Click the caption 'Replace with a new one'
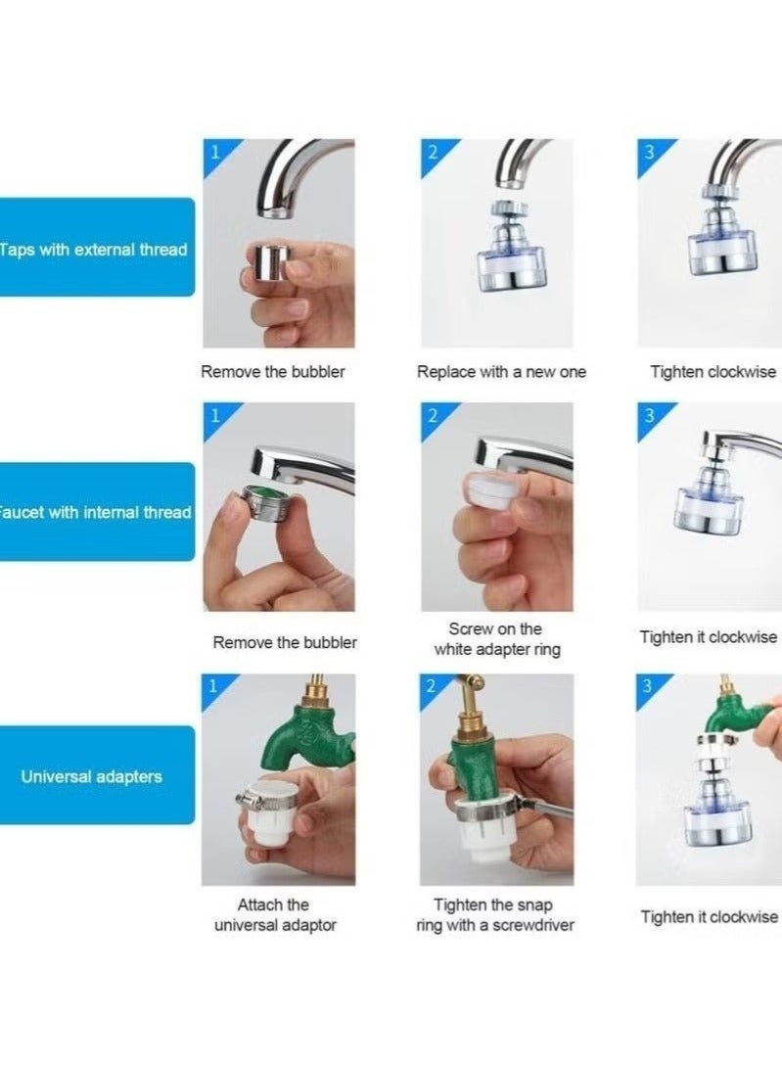[501, 372]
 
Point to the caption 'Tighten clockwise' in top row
[713, 372]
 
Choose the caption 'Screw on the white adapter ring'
[495, 639]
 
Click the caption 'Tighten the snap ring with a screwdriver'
[494, 915]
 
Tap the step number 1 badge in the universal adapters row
[212, 686]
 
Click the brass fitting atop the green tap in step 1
[316, 695]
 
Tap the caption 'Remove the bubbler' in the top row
[273, 372]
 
